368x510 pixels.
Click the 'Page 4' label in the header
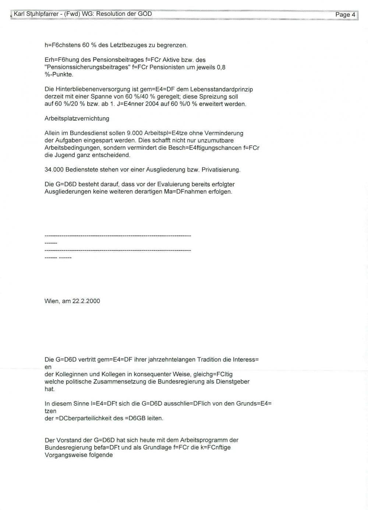click(x=345, y=15)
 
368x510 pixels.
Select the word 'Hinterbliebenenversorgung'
click(x=89, y=89)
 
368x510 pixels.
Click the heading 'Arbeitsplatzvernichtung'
click(x=77, y=119)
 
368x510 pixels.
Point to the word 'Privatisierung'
click(x=221, y=170)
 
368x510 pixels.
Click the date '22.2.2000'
click(x=86, y=301)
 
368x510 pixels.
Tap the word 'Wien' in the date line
click(x=52, y=301)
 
